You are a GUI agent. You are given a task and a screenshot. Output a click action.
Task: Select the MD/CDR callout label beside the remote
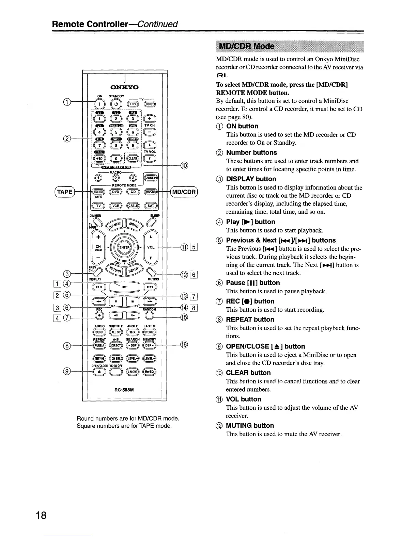pos(184,192)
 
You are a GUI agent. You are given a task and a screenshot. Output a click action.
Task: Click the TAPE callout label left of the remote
pos(65,192)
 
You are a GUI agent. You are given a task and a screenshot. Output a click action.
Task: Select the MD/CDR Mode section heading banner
pos(247,46)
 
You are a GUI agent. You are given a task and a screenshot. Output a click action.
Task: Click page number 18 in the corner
pos(40,515)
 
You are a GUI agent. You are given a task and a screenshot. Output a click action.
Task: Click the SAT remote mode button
pos(151,206)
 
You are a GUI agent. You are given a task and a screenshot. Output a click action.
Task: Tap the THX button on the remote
pos(132,332)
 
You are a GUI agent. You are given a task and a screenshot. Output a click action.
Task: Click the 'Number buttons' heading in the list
pos(251,152)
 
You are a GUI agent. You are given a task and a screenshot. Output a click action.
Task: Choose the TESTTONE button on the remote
pos(99,358)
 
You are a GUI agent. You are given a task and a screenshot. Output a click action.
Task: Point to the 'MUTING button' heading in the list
pos(250,425)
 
